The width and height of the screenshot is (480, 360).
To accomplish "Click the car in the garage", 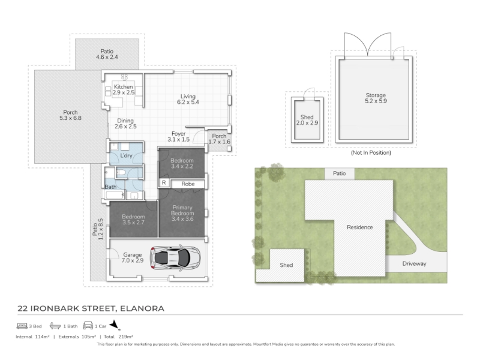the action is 175,257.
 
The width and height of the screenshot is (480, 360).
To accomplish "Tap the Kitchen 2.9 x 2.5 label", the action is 124,89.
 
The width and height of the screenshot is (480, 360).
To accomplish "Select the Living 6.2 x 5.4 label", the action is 188,99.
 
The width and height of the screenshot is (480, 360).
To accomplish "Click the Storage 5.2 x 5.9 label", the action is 376,98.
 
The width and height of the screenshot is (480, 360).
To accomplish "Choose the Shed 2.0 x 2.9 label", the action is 307,119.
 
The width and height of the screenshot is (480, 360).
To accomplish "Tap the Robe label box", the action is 188,184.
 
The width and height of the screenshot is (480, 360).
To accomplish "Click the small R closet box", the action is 164,183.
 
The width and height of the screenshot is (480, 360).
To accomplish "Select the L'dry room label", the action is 126,155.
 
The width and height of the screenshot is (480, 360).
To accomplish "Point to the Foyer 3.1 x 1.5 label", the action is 178,137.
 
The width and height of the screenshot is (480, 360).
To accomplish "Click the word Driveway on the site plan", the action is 414,263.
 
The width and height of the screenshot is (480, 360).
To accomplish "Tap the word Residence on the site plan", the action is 359,227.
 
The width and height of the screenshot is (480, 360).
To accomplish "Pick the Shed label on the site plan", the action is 286,265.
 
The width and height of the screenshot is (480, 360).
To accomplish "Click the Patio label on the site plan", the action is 339,173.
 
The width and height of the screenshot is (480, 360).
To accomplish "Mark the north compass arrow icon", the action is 115,325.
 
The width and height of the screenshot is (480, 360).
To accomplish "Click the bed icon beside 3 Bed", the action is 22,326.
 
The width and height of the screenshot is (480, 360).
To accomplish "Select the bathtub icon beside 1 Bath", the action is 55,326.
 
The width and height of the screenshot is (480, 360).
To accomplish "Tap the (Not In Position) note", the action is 371,152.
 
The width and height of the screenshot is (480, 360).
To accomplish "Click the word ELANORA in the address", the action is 142,308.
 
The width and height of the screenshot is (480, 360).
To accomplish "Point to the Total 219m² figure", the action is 118,337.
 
